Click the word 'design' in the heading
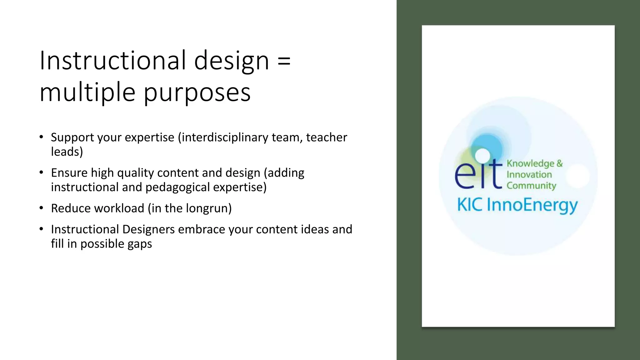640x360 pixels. click(x=231, y=61)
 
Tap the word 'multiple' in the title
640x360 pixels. click(x=87, y=93)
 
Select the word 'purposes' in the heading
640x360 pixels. click(x=197, y=93)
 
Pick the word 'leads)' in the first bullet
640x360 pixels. click(x=67, y=152)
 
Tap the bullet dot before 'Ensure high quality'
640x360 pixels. click(x=41, y=172)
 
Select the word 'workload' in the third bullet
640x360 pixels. click(x=124, y=208)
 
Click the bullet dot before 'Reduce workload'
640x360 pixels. click(x=41, y=208)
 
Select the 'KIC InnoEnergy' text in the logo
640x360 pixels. click(x=517, y=205)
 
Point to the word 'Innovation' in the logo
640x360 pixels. click(x=529, y=174)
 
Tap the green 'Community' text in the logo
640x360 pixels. click(x=531, y=186)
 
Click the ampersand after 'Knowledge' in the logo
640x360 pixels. click(x=559, y=163)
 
